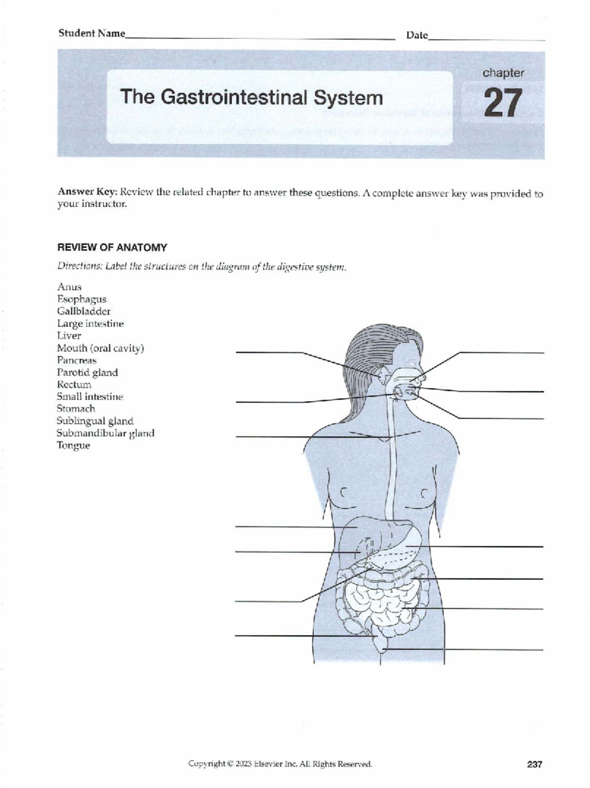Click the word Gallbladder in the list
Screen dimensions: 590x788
[x=84, y=311]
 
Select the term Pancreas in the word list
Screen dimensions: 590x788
[x=77, y=360]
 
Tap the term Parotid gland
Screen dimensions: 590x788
[x=87, y=373]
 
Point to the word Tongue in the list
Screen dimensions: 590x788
[x=73, y=446]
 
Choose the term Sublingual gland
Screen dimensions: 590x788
[x=95, y=421]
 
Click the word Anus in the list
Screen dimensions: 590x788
[x=69, y=287]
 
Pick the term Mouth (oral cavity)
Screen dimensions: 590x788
[x=100, y=348]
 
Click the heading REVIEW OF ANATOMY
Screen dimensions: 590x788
[x=112, y=248]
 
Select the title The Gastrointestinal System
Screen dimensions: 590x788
[x=252, y=97]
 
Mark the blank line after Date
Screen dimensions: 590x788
[x=487, y=39]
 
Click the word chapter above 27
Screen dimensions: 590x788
[x=503, y=73]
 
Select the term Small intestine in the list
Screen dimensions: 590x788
[x=90, y=397]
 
